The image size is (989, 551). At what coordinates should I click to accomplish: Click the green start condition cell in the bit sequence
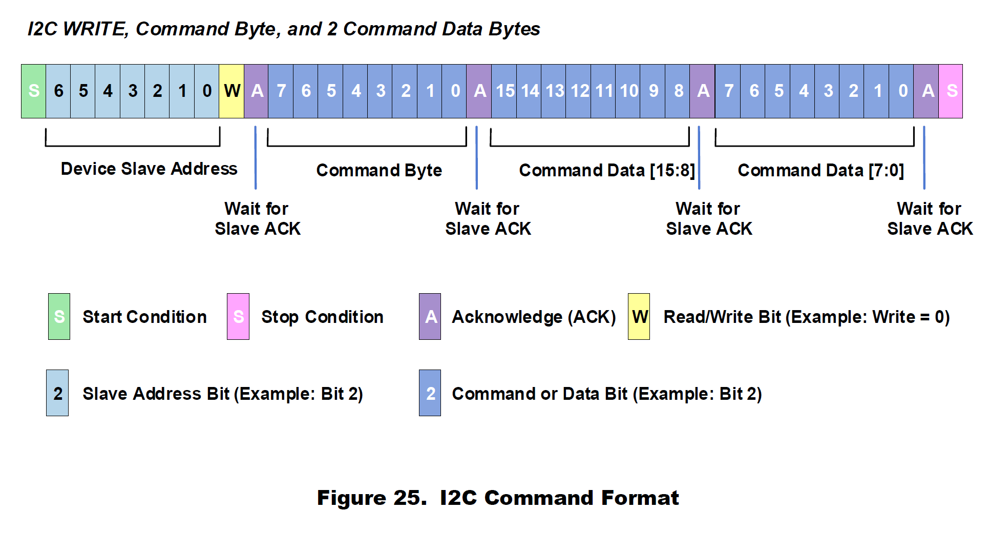tap(34, 91)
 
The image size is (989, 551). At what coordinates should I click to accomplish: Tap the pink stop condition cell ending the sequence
tap(951, 91)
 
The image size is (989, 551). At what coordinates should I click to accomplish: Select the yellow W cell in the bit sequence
tap(232, 91)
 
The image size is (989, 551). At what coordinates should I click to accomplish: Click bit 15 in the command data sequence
tap(504, 91)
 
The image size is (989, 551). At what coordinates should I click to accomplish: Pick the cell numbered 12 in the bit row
tap(579, 91)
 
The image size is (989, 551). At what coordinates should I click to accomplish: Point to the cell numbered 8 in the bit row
tap(678, 91)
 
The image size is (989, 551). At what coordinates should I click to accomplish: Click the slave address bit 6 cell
tap(58, 91)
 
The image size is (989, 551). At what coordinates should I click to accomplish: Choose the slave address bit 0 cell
tap(207, 91)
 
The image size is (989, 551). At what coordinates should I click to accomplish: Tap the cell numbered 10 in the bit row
tap(628, 91)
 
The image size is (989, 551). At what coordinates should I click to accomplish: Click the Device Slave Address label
tap(149, 169)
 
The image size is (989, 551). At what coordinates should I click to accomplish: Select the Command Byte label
tap(379, 170)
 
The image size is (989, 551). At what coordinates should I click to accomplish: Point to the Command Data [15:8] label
tap(607, 170)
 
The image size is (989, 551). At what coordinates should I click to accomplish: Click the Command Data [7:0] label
tap(820, 170)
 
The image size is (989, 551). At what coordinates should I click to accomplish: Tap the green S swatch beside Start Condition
tap(59, 317)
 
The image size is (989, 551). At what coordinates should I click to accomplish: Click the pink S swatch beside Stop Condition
tap(238, 317)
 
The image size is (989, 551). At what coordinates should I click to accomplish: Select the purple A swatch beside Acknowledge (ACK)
tap(430, 317)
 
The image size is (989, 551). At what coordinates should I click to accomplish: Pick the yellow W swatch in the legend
tap(639, 317)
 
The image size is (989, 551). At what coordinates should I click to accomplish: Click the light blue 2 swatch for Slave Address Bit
tap(57, 393)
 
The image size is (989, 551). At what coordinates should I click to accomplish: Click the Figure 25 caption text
tap(498, 498)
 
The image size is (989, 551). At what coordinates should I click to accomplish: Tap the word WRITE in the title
tap(95, 29)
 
